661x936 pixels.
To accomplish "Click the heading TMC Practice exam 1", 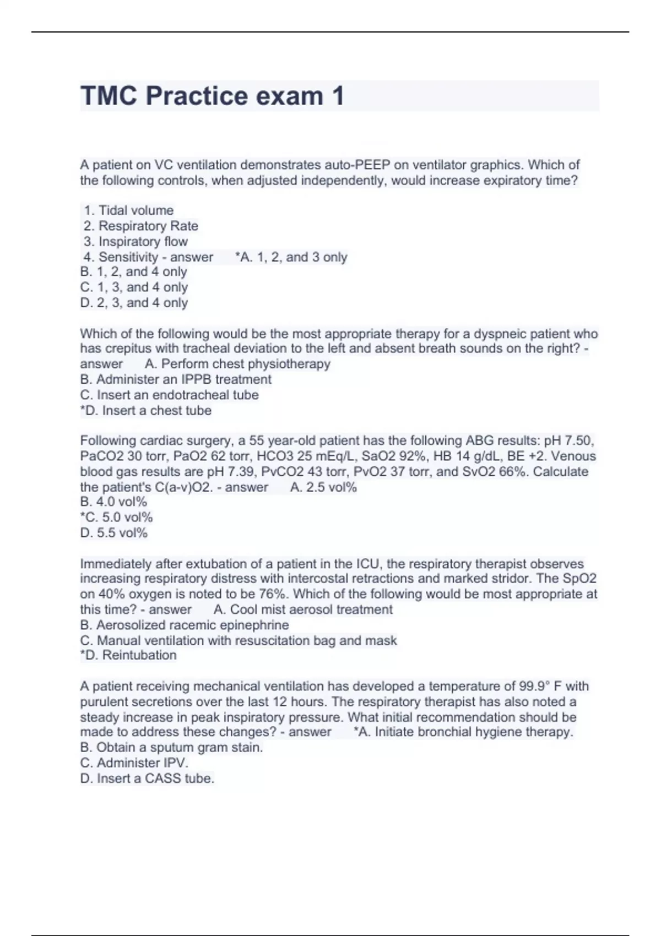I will [212, 96].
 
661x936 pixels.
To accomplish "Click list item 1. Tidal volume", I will [128, 210].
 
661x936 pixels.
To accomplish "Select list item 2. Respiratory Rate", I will [141, 226].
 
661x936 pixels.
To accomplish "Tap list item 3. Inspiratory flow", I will [136, 241].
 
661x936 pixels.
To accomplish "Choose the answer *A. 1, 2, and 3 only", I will [291, 257].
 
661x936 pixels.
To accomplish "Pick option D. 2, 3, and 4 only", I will [134, 303].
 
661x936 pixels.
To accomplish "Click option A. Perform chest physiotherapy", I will [237, 364].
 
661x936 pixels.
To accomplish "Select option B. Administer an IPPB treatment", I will [176, 379].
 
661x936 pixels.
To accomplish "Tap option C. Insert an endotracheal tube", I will [169, 395].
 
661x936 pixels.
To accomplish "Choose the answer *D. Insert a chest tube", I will [146, 410].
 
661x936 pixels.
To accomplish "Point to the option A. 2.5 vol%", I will [323, 487].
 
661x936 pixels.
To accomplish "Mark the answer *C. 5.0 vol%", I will [116, 518].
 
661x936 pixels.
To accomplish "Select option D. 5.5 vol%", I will [114, 533].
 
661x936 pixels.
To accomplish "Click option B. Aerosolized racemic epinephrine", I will [185, 625].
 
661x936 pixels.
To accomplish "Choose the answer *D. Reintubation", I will [128, 655].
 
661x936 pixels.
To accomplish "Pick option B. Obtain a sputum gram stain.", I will [171, 747].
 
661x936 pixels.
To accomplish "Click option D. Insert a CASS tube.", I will [147, 779].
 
